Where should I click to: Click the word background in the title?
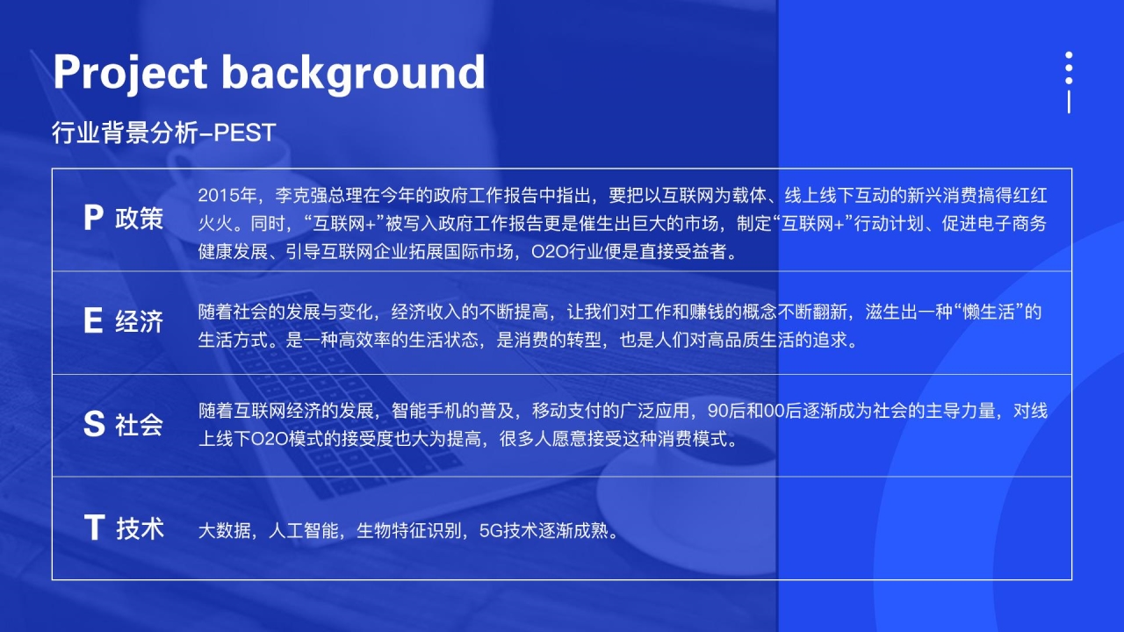click(x=353, y=73)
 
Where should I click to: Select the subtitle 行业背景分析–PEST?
click(x=164, y=133)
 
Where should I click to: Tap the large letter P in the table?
click(x=93, y=219)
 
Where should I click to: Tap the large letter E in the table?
click(x=93, y=320)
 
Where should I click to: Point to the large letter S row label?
click(x=94, y=424)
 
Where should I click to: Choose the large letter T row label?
click(x=94, y=528)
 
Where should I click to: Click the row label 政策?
click(x=139, y=219)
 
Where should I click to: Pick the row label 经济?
click(x=139, y=321)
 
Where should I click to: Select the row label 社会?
click(x=139, y=424)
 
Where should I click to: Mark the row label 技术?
click(x=140, y=528)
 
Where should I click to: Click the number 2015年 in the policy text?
click(x=227, y=195)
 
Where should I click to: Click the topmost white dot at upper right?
click(x=1069, y=55)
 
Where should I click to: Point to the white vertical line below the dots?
click(x=1069, y=102)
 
